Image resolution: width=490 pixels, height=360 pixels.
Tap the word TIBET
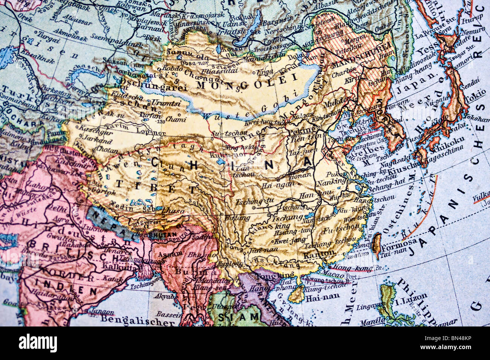(156, 186)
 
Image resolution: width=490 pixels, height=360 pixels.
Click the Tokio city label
(475, 99)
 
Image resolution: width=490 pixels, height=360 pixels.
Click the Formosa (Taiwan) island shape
(376, 243)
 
